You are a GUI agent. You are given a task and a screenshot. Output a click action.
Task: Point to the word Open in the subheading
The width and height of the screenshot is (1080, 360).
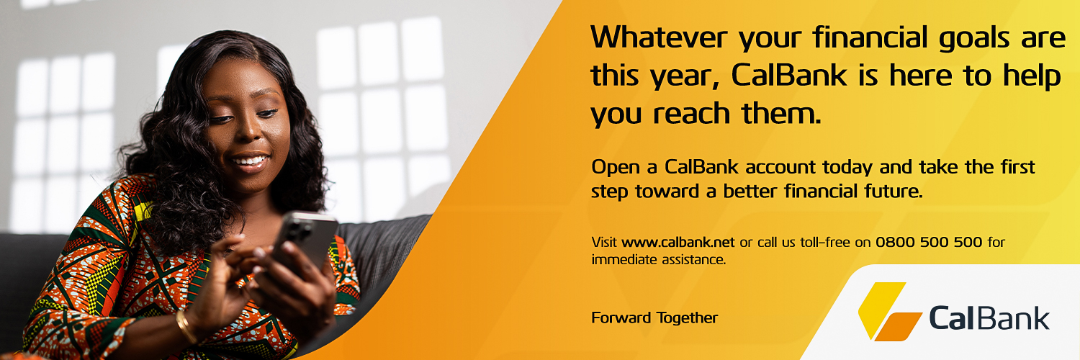click(x=614, y=168)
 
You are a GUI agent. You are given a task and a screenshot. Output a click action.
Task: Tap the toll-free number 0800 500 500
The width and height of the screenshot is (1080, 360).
click(x=929, y=242)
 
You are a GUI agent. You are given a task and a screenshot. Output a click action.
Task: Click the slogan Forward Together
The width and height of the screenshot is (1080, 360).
click(x=654, y=318)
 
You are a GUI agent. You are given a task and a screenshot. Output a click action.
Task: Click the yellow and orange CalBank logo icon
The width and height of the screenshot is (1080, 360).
click(x=888, y=311)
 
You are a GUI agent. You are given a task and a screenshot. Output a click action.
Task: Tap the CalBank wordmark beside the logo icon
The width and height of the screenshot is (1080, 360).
click(x=989, y=318)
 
